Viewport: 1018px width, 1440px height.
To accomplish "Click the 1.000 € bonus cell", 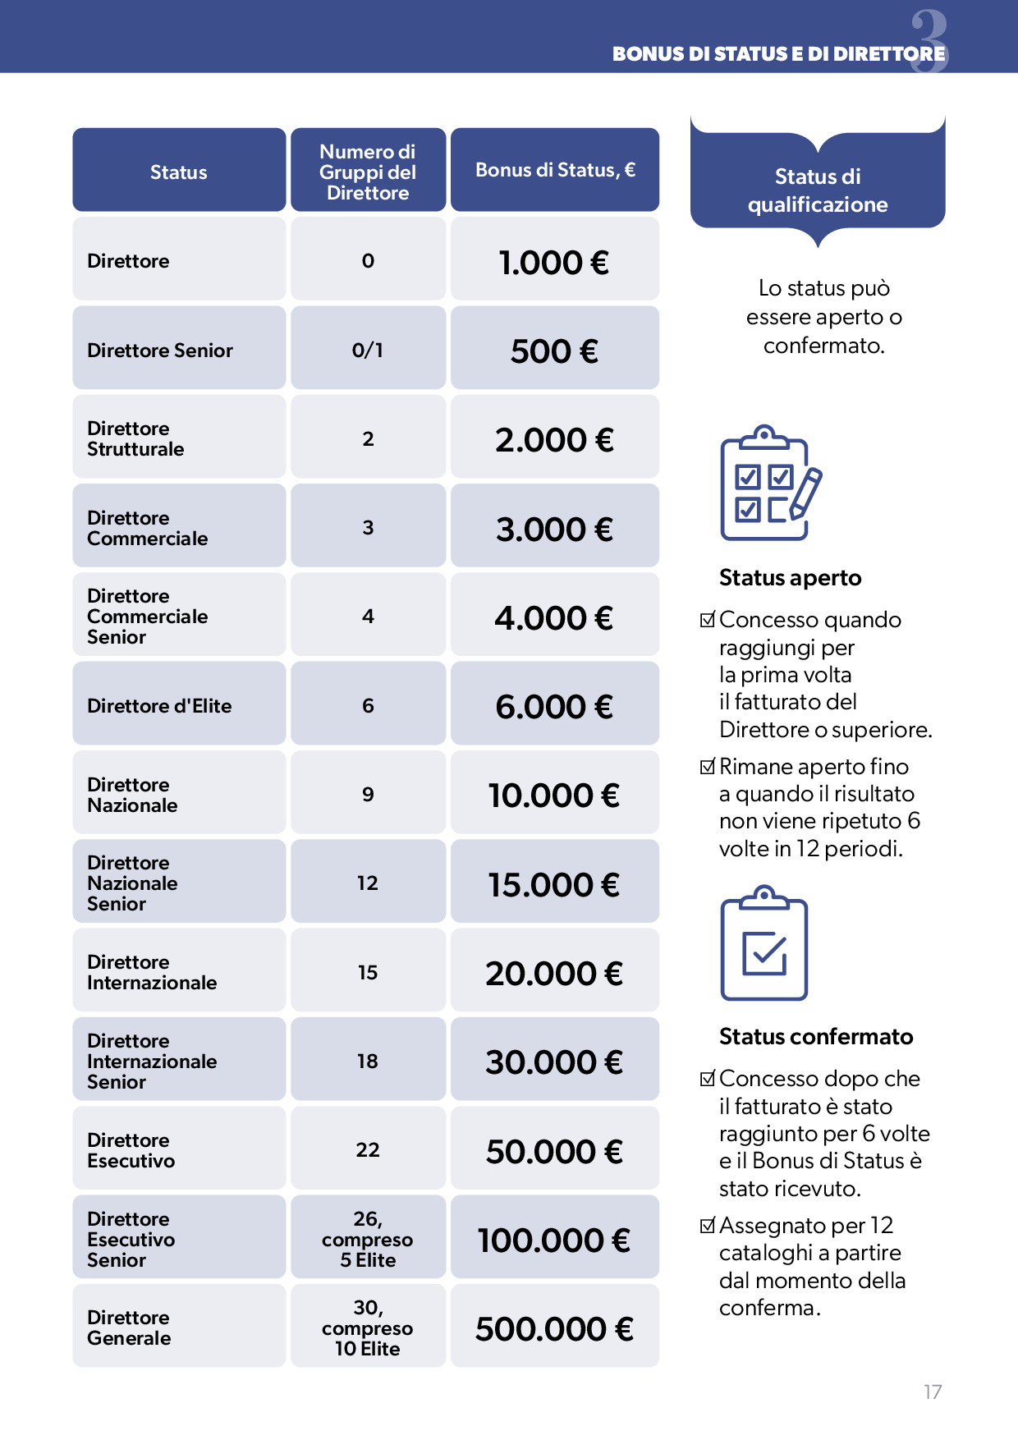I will pos(554,263).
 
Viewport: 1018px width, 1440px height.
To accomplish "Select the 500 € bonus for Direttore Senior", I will pos(554,351).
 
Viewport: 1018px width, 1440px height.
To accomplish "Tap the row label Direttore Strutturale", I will pos(135,439).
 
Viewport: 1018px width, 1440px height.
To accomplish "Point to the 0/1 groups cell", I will pos(368,351).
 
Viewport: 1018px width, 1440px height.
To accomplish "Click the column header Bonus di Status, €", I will pos(555,170).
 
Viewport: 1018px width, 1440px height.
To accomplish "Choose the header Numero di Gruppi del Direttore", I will pos(368,172).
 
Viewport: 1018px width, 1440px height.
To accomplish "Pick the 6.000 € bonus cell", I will pos(554,707).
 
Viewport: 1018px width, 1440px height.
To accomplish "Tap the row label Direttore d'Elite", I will pos(159,706).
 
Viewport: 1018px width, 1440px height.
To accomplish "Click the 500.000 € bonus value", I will pos(554,1329).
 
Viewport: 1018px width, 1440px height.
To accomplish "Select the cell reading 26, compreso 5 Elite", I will pos(368,1240).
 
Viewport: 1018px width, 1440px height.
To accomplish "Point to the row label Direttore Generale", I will pos(129,1328).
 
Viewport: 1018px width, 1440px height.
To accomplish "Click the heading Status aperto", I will pos(790,578).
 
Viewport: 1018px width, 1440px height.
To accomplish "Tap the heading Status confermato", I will pos(815,1037).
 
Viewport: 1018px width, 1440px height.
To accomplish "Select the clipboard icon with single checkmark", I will pos(764,944).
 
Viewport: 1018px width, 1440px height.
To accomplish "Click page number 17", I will pos(933,1392).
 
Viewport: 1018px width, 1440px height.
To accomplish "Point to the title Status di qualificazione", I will pos(818,190).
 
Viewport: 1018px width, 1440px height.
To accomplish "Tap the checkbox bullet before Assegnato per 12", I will pos(707,1226).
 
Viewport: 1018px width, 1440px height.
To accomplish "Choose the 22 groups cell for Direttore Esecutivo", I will pos(368,1150).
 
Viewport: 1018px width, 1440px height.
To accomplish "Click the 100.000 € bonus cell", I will pos(554,1241).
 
